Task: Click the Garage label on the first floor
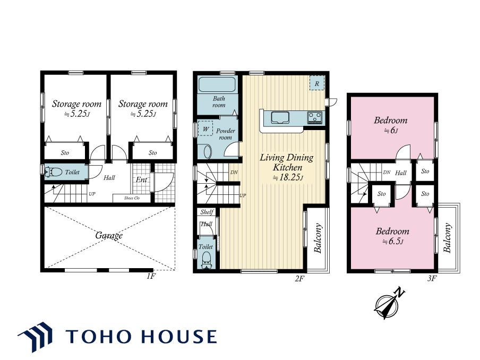(109, 235)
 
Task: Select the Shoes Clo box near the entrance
(132, 199)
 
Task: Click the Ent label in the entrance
(141, 179)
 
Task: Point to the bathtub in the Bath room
(217, 84)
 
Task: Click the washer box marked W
(205, 129)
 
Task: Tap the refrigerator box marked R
(317, 83)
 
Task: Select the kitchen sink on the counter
(279, 117)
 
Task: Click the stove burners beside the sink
(315, 117)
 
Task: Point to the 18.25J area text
(287, 177)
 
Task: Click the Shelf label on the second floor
(207, 212)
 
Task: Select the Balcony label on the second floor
(318, 238)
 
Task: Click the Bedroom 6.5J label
(392, 236)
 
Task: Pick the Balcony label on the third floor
(448, 238)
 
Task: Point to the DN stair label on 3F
(387, 173)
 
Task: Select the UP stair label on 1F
(92, 194)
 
